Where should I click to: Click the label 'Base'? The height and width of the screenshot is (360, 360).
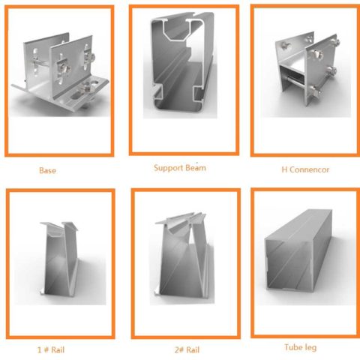coord(47,170)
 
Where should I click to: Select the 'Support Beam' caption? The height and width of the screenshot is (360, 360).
coord(179,168)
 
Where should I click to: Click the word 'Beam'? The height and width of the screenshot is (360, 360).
coord(194,168)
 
